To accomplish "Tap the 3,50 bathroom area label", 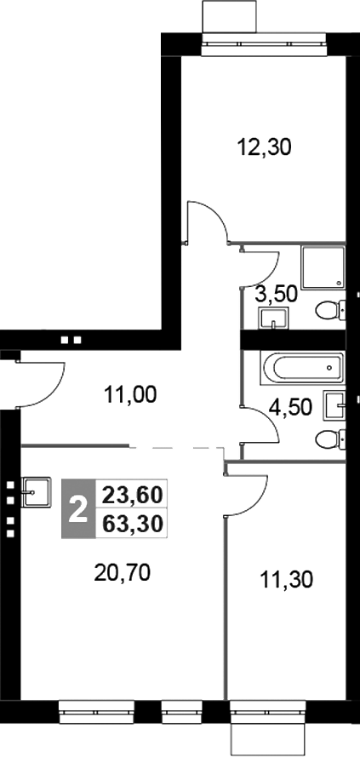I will [x=276, y=295].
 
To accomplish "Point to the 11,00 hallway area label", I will [x=129, y=394].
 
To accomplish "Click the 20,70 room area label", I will [x=122, y=573].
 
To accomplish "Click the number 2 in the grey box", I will [x=77, y=509].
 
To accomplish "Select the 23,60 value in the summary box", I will [x=134, y=494].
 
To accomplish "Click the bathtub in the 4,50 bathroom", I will [x=302, y=370].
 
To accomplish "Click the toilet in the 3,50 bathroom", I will [x=329, y=312].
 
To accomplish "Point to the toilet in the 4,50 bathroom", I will [x=329, y=439].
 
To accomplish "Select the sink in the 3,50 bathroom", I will [x=273, y=318].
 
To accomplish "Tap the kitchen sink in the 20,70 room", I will [x=37, y=489].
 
